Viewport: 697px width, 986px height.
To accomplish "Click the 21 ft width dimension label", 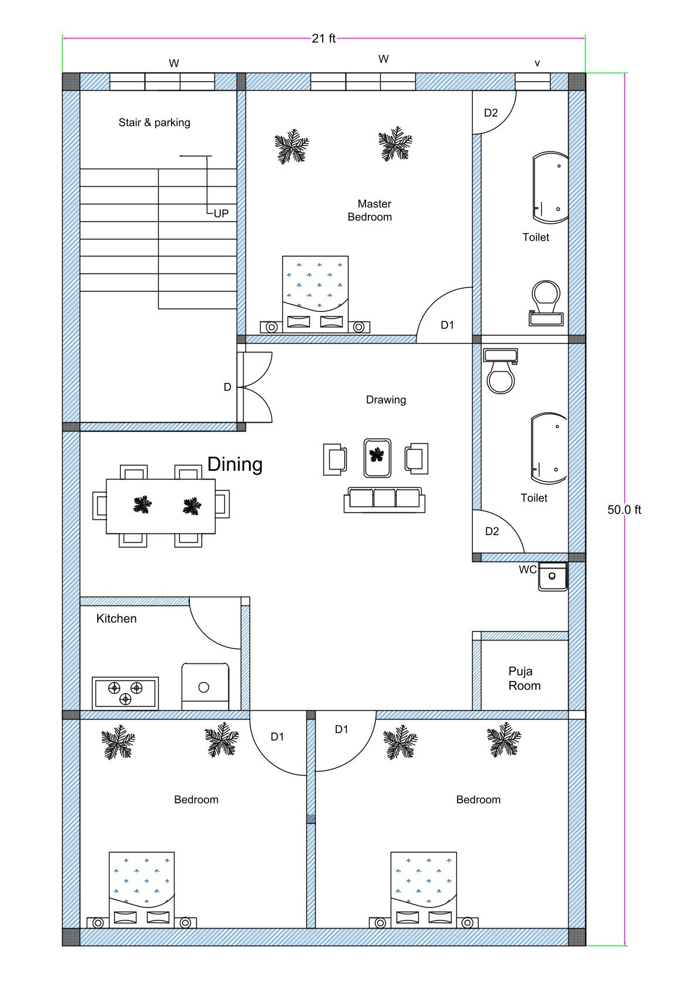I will (323, 39).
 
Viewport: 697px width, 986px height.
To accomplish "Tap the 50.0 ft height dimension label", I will (624, 509).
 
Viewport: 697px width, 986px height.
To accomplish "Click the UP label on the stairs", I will (221, 214).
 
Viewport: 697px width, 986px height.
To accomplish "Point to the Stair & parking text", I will (154, 122).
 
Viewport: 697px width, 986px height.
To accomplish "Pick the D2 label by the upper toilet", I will (491, 113).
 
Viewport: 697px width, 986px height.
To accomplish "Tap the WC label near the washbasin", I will (527, 570).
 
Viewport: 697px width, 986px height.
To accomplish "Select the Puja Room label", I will (524, 679).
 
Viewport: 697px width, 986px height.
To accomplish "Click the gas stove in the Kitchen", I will (125, 693).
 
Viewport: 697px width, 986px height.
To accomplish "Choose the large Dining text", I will (235, 464).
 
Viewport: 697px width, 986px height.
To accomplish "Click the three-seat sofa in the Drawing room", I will (384, 499).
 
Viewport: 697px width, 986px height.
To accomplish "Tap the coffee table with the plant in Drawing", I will (377, 457).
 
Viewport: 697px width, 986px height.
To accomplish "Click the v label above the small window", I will (537, 63).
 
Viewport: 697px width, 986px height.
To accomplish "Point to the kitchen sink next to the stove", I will (204, 686).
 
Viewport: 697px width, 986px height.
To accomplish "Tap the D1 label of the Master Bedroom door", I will (447, 325).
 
